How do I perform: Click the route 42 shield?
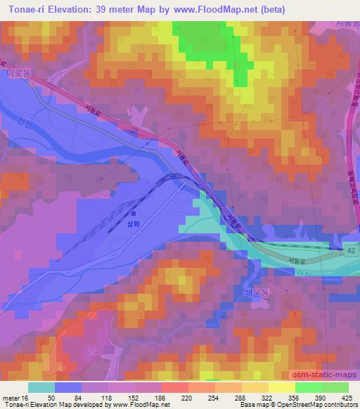click(x=351, y=249)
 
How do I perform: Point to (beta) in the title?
click(x=270, y=11)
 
